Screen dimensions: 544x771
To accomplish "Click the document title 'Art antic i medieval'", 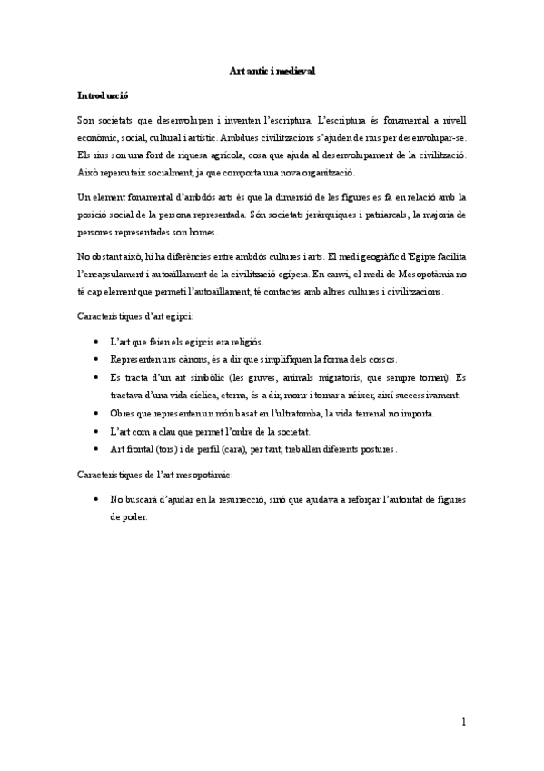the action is [x=272, y=69].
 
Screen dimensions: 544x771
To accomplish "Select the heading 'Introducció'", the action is [x=102, y=95].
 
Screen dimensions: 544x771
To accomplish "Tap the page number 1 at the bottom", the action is [x=463, y=723].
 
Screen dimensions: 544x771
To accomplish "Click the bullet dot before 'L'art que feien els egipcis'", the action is [x=97, y=341].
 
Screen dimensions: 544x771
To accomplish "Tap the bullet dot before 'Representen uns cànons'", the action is [x=97, y=359].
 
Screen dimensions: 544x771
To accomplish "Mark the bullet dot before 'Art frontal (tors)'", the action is [x=97, y=448].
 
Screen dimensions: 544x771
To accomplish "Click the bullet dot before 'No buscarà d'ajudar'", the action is [x=97, y=500].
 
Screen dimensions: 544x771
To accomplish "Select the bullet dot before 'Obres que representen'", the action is [x=97, y=413].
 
